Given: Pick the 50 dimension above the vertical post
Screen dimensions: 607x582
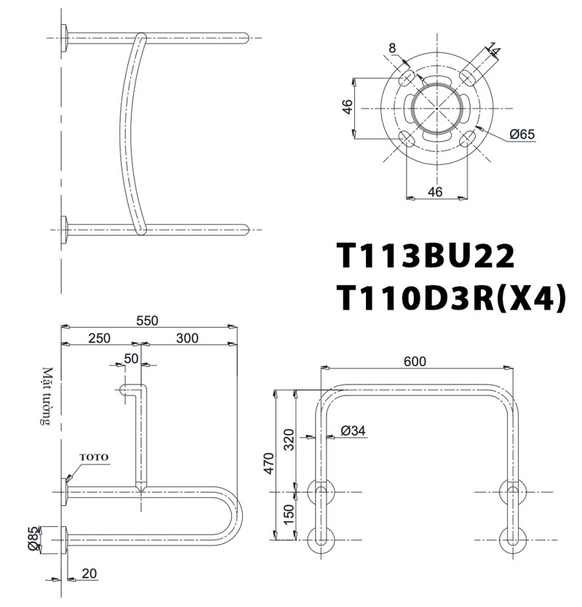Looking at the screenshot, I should [x=131, y=358].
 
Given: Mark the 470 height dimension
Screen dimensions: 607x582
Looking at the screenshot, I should [x=269, y=463].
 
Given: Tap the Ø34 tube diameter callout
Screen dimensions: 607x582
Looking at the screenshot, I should [x=353, y=431].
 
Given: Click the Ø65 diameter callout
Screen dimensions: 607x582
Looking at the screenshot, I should [x=522, y=134].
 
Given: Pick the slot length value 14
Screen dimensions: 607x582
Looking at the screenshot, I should [x=495, y=49].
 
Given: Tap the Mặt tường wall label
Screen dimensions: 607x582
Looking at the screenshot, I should [x=48, y=395].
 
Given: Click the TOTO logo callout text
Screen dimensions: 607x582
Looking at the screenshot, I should [x=94, y=457].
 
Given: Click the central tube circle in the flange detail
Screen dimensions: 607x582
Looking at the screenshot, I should [x=435, y=109].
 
